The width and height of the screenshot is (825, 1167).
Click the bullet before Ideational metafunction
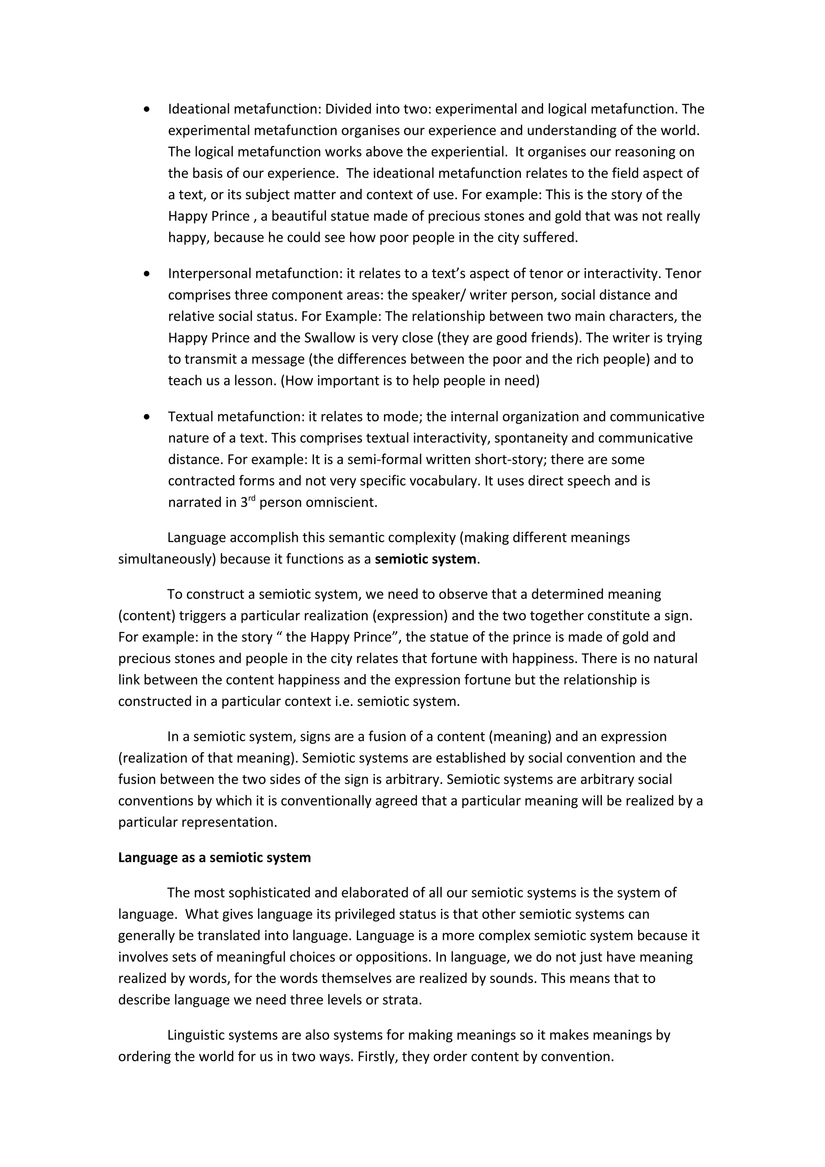(x=147, y=109)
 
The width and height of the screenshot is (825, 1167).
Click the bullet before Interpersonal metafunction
(x=147, y=274)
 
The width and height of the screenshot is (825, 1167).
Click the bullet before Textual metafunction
(x=147, y=417)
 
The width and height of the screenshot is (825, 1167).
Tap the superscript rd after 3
(x=252, y=499)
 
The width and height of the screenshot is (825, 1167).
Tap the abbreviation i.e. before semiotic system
(x=344, y=701)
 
